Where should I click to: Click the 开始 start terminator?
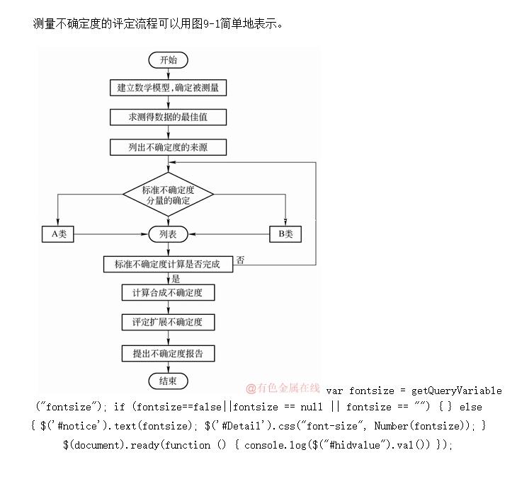[x=168, y=60]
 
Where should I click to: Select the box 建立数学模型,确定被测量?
[x=168, y=88]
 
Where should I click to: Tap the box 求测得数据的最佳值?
[x=168, y=117]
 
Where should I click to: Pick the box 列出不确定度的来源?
[x=168, y=147]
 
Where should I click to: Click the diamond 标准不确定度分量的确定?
[x=168, y=195]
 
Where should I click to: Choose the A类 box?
[x=58, y=233]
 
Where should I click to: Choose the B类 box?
[x=285, y=233]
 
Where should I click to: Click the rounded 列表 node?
[x=168, y=233]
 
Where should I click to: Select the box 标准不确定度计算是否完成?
[x=168, y=264]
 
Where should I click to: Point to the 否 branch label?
[x=241, y=260]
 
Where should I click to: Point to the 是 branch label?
[x=176, y=278]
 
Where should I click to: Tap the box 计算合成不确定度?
[x=168, y=292]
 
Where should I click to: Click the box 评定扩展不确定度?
[x=168, y=322]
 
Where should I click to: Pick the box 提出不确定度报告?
[x=168, y=352]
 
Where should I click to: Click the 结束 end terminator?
[x=168, y=381]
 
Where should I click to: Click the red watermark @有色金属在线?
[x=283, y=388]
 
